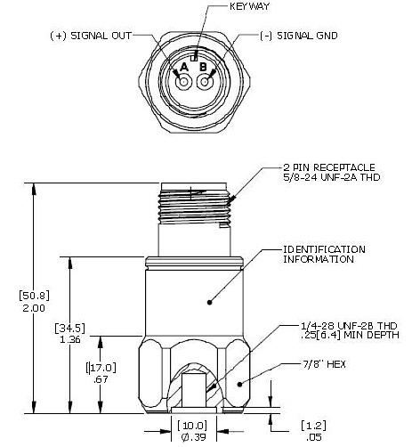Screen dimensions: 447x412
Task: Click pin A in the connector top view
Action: click(x=184, y=83)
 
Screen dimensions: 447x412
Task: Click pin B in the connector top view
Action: click(x=206, y=83)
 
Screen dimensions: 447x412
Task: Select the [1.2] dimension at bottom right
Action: click(x=313, y=425)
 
